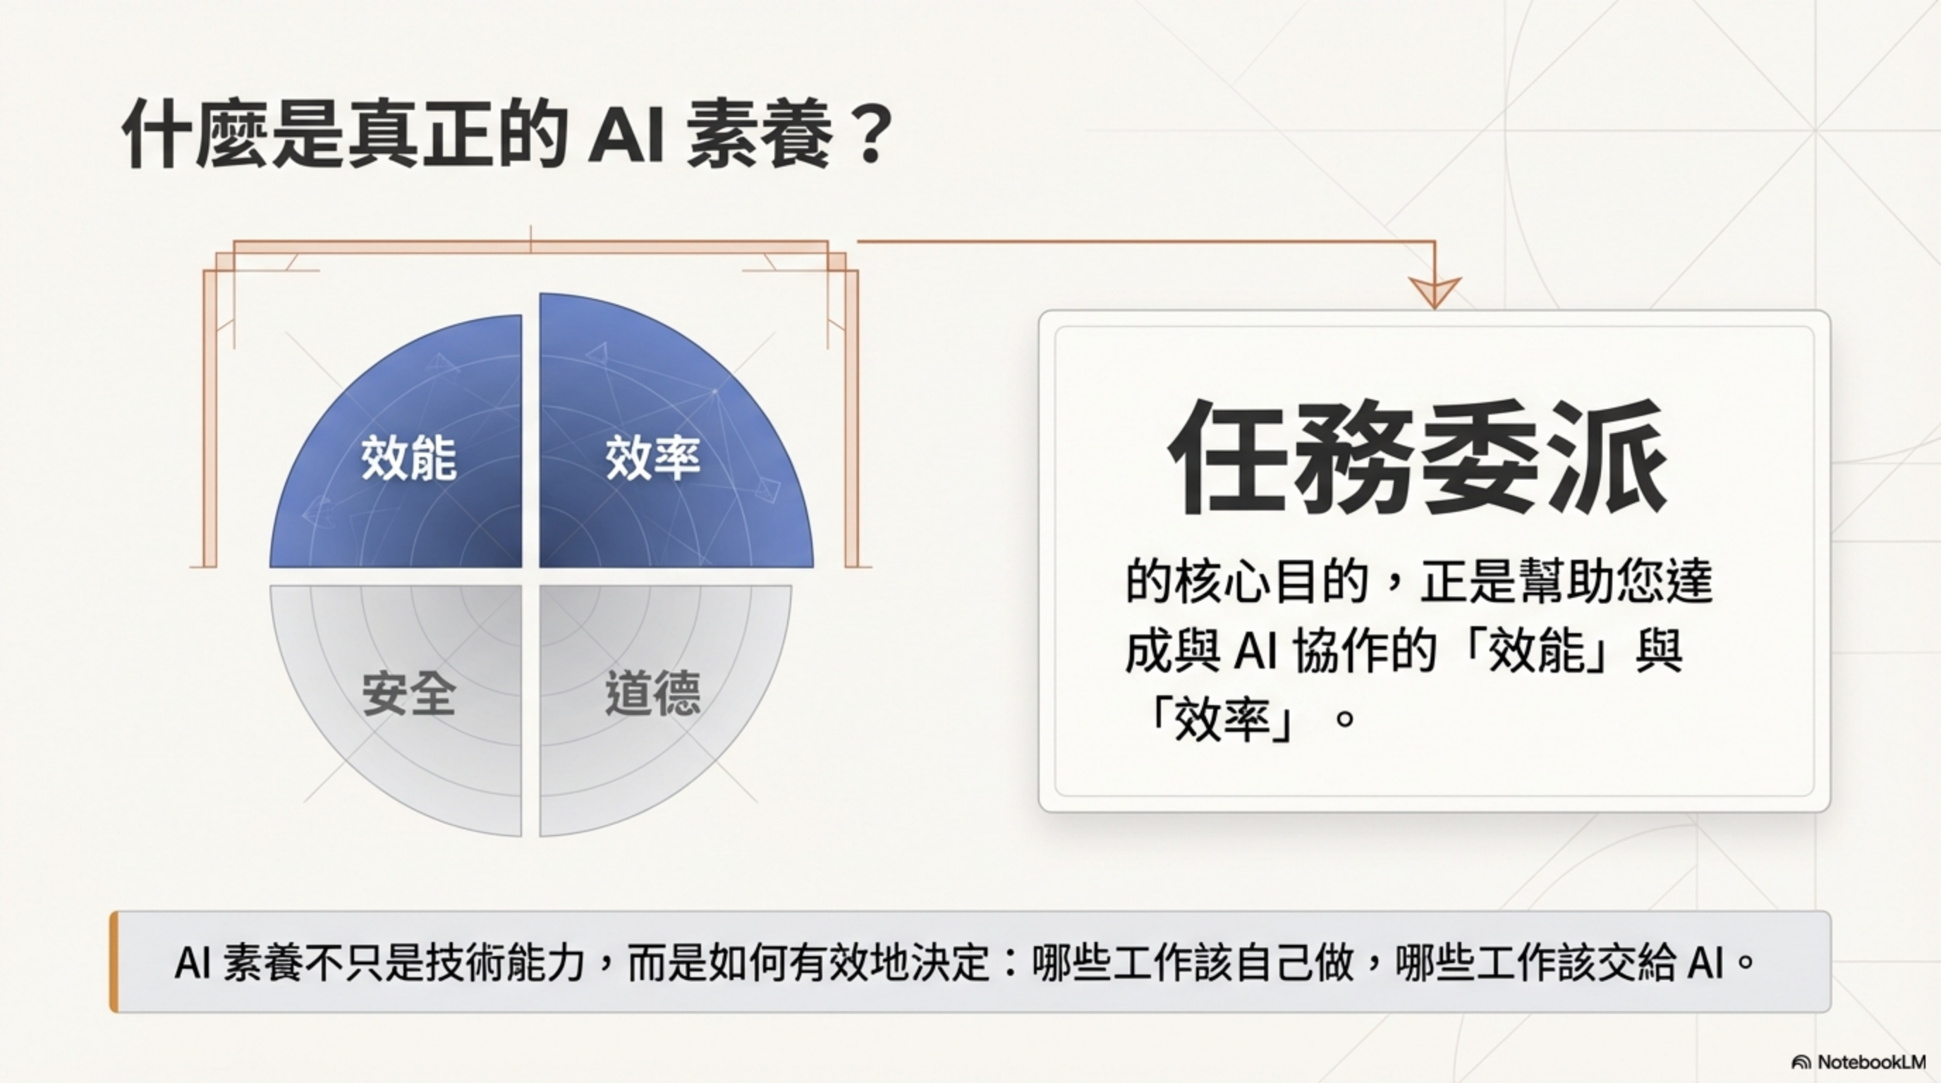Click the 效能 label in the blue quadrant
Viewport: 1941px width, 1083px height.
click(408, 457)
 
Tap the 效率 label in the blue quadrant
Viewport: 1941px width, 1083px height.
click(652, 457)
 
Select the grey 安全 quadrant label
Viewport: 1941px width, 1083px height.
click(408, 693)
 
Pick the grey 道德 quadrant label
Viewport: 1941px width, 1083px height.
click(652, 693)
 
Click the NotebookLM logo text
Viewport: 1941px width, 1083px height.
click(1871, 1062)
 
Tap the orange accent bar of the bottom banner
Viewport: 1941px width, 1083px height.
click(114, 961)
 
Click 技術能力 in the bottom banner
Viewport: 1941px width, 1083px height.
click(506, 962)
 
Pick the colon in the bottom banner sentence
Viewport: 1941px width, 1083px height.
click(1011, 962)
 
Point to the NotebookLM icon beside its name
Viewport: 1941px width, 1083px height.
click(1800, 1063)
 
